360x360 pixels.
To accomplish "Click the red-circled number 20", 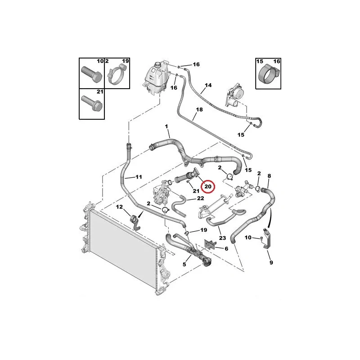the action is point(208,186).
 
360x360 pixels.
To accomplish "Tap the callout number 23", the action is point(222,238).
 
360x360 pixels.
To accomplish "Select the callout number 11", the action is point(139,177).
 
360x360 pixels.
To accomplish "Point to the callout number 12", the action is point(119,207).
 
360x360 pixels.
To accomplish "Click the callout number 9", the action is point(271,262).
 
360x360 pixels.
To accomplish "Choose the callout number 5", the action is point(184,265).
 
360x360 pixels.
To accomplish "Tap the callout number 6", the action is point(226,248).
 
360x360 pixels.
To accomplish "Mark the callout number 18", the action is point(199,109).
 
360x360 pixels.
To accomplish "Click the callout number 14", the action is point(208,85).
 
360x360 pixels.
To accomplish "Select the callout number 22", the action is point(200,198).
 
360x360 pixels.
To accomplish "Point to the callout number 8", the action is point(269,176).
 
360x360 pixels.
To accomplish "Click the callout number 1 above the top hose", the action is point(166,126).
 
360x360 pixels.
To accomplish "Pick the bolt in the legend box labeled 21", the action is point(92,103).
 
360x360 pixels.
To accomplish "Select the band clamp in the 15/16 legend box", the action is point(269,75).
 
